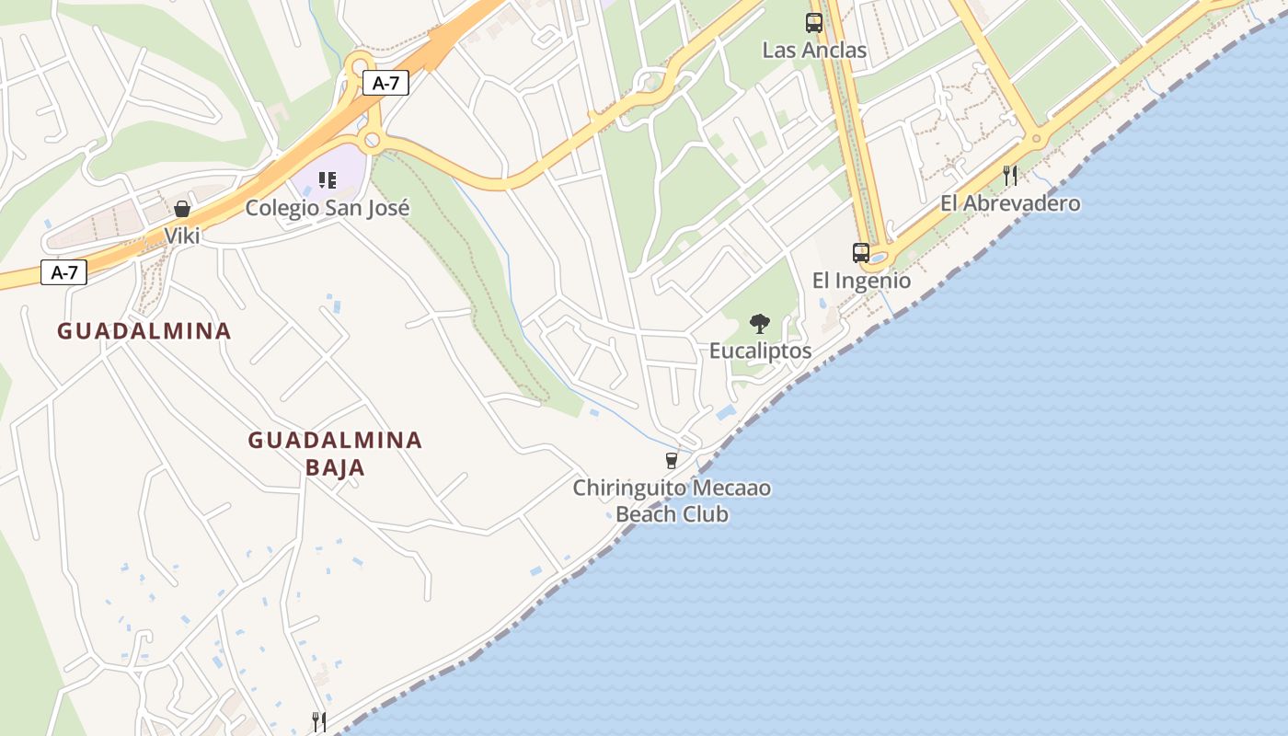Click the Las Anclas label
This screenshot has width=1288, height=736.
point(814,50)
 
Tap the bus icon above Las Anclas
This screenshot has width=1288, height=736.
point(814,23)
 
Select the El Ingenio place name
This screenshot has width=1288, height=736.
point(861,281)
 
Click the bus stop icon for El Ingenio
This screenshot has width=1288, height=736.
point(861,252)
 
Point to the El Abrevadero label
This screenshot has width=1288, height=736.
point(1010,203)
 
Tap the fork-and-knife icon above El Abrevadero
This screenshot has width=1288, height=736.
point(1010,176)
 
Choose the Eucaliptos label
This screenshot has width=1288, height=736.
point(760,351)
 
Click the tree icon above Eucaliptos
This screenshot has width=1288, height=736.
point(760,323)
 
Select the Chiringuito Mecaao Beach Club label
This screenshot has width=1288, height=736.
point(672,500)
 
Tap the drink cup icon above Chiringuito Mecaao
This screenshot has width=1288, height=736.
point(672,460)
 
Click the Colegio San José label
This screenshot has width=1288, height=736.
point(328,208)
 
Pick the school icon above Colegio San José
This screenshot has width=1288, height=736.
point(328,180)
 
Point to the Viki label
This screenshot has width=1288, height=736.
point(182,236)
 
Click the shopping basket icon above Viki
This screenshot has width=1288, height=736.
point(182,209)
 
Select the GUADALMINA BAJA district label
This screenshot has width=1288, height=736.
point(335,454)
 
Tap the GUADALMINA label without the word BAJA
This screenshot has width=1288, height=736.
point(144,331)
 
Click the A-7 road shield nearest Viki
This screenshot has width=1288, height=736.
point(64,272)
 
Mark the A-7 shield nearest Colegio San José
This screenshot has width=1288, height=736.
point(385,83)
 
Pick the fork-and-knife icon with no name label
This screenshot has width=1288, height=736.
point(319,721)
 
